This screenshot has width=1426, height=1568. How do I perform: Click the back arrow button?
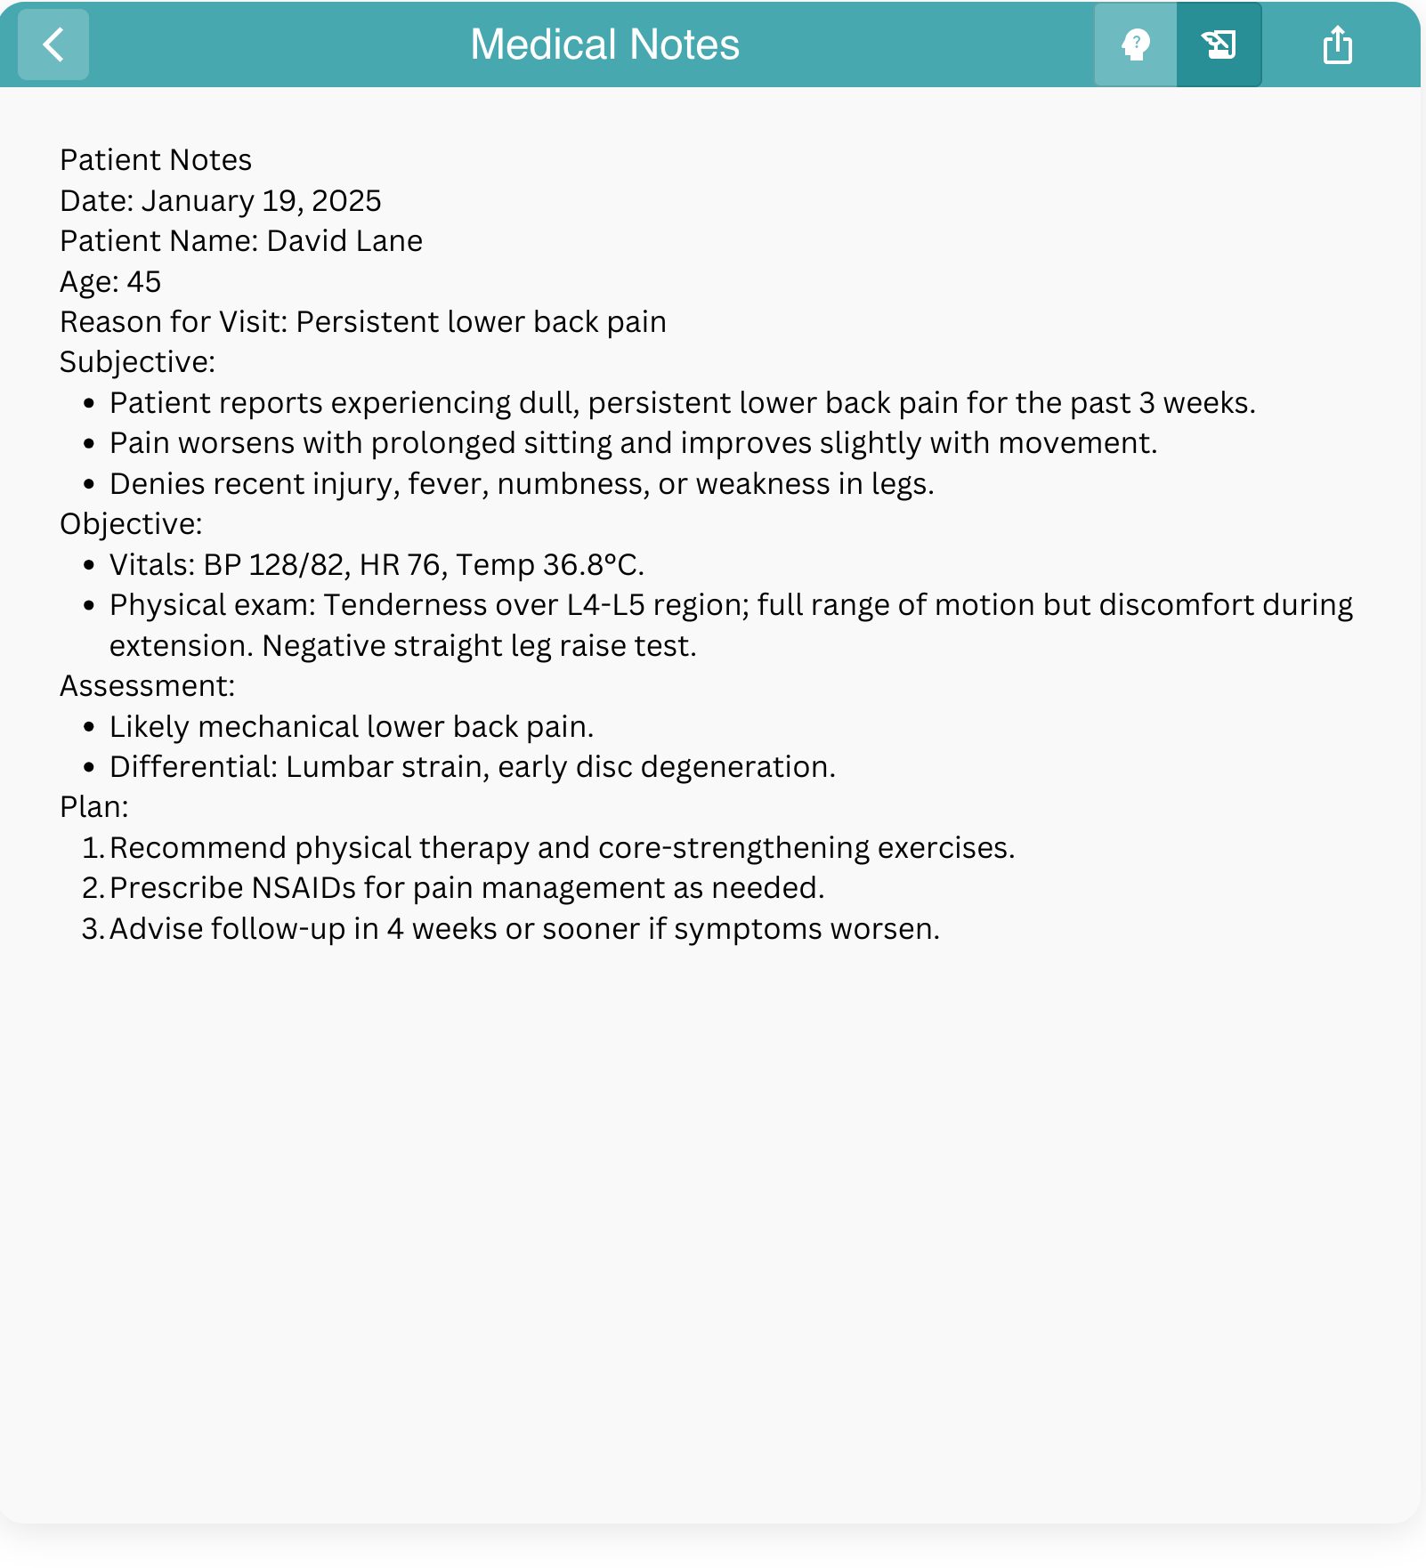pos(53,44)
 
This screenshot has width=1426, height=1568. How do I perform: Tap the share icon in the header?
pos(1337,44)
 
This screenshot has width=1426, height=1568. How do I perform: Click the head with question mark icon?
pos(1135,44)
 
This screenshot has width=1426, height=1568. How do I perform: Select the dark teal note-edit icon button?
pos(1219,44)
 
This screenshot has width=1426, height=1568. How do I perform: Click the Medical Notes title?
pos(604,44)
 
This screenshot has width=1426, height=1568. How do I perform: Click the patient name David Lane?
pos(344,241)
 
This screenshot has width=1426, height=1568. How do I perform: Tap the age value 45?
pos(144,282)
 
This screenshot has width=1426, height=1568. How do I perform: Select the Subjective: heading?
pos(137,362)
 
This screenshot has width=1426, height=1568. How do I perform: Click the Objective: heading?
pos(131,524)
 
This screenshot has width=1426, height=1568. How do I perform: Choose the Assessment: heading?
pos(147,686)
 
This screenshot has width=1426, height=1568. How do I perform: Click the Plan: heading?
pos(93,807)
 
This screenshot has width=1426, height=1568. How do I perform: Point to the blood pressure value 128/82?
pos(296,565)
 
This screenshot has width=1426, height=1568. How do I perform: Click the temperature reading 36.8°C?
pos(593,565)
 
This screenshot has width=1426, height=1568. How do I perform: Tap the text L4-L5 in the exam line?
pos(605,605)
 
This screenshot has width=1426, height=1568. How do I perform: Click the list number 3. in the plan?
pos(93,929)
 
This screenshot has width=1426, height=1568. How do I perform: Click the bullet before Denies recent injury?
pos(88,485)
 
